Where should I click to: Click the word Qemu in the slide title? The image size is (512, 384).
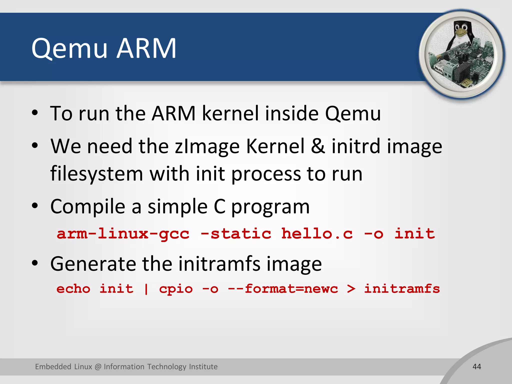[69, 49]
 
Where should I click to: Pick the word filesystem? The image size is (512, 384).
[96, 174]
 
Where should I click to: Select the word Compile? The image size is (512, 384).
[88, 206]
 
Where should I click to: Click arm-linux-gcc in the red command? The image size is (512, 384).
[123, 234]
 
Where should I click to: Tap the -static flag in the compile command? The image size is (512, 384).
[236, 234]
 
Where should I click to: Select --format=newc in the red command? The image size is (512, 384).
[282, 289]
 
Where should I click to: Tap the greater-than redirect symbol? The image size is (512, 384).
[351, 289]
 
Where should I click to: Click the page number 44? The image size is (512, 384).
[477, 367]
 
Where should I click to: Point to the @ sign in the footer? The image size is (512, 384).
[98, 367]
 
